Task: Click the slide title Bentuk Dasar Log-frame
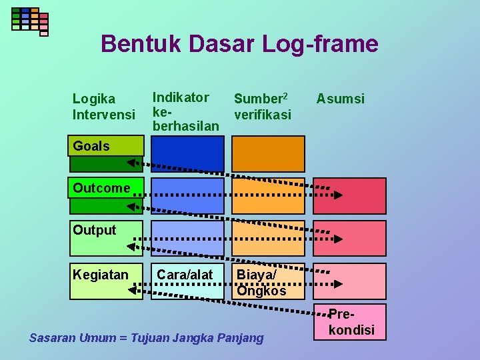coord(239,44)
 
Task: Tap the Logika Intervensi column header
coord(103,107)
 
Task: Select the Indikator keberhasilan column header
coord(185,111)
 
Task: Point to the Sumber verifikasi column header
coord(262,106)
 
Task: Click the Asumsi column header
coord(341,99)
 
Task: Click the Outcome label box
coord(106,188)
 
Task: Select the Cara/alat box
coord(187,281)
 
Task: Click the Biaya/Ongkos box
coord(267,281)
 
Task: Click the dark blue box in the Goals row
coord(187,154)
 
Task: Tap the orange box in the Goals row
coord(267,154)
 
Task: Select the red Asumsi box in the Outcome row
coord(350,196)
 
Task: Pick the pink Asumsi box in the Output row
coord(350,238)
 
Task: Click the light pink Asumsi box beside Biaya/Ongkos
coord(350,281)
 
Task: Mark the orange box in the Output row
coord(267,238)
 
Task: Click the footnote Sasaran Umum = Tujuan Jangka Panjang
coord(146,338)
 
